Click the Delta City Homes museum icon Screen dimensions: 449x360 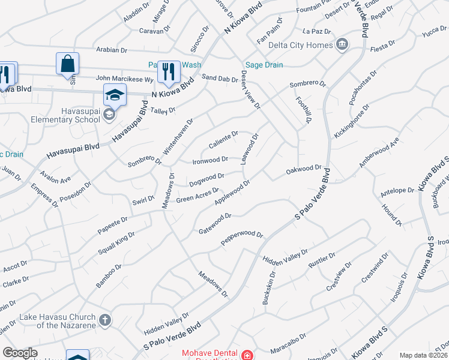click(x=342, y=45)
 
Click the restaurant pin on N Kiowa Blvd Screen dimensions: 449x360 click(x=169, y=72)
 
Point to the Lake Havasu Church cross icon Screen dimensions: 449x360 click(x=105, y=319)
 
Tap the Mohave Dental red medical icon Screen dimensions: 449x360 click(x=246, y=355)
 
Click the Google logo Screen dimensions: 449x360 click(x=20, y=353)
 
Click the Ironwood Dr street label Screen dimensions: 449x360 click(x=209, y=160)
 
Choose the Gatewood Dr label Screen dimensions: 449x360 click(x=215, y=223)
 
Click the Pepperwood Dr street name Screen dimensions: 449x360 click(x=242, y=238)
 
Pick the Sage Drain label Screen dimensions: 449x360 click(x=260, y=65)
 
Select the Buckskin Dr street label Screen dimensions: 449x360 click(x=268, y=288)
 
